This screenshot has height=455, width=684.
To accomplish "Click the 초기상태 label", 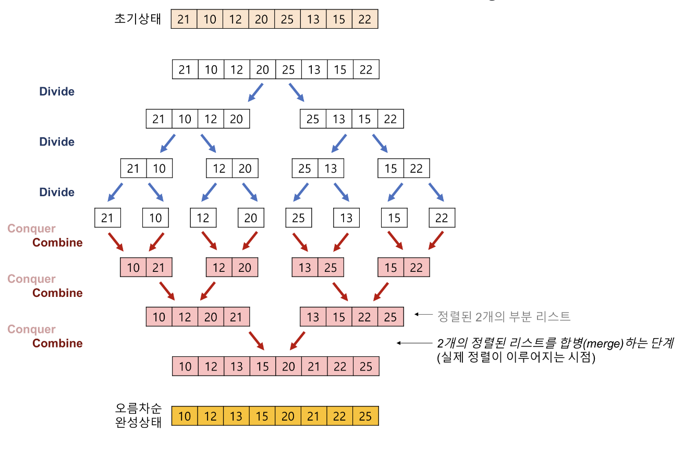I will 138,19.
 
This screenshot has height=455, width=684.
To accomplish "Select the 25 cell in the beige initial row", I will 287,19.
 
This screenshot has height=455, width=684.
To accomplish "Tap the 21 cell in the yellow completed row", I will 314,416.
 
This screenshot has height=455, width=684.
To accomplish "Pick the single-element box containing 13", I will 346,218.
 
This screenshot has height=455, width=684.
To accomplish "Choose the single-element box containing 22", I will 442,218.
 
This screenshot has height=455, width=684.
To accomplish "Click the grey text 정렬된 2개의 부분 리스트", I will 504,316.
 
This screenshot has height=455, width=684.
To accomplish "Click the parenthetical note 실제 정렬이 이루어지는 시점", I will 516,358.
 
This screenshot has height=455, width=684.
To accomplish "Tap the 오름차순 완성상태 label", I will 138,415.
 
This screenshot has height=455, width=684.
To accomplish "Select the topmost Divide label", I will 57,92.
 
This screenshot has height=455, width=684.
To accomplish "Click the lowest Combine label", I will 57,343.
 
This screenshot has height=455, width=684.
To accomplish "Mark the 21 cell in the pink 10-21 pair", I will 158,268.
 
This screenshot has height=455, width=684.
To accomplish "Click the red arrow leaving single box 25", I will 300,241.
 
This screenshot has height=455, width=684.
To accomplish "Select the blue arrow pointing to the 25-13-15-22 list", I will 296,91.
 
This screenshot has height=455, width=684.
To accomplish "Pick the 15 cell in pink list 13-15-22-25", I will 339,317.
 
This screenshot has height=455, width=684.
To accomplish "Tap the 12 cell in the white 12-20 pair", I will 219,169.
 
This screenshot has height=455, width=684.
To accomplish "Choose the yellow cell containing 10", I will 185,416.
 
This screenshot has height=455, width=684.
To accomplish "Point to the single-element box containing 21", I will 107,218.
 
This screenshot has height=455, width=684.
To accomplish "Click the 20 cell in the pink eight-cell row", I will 288,366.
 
